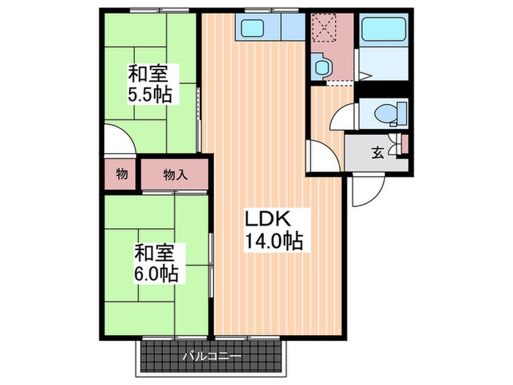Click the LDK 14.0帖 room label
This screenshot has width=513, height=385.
point(273,230)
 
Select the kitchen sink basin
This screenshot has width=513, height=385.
point(252,29)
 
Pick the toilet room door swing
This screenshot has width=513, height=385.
point(342,118)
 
